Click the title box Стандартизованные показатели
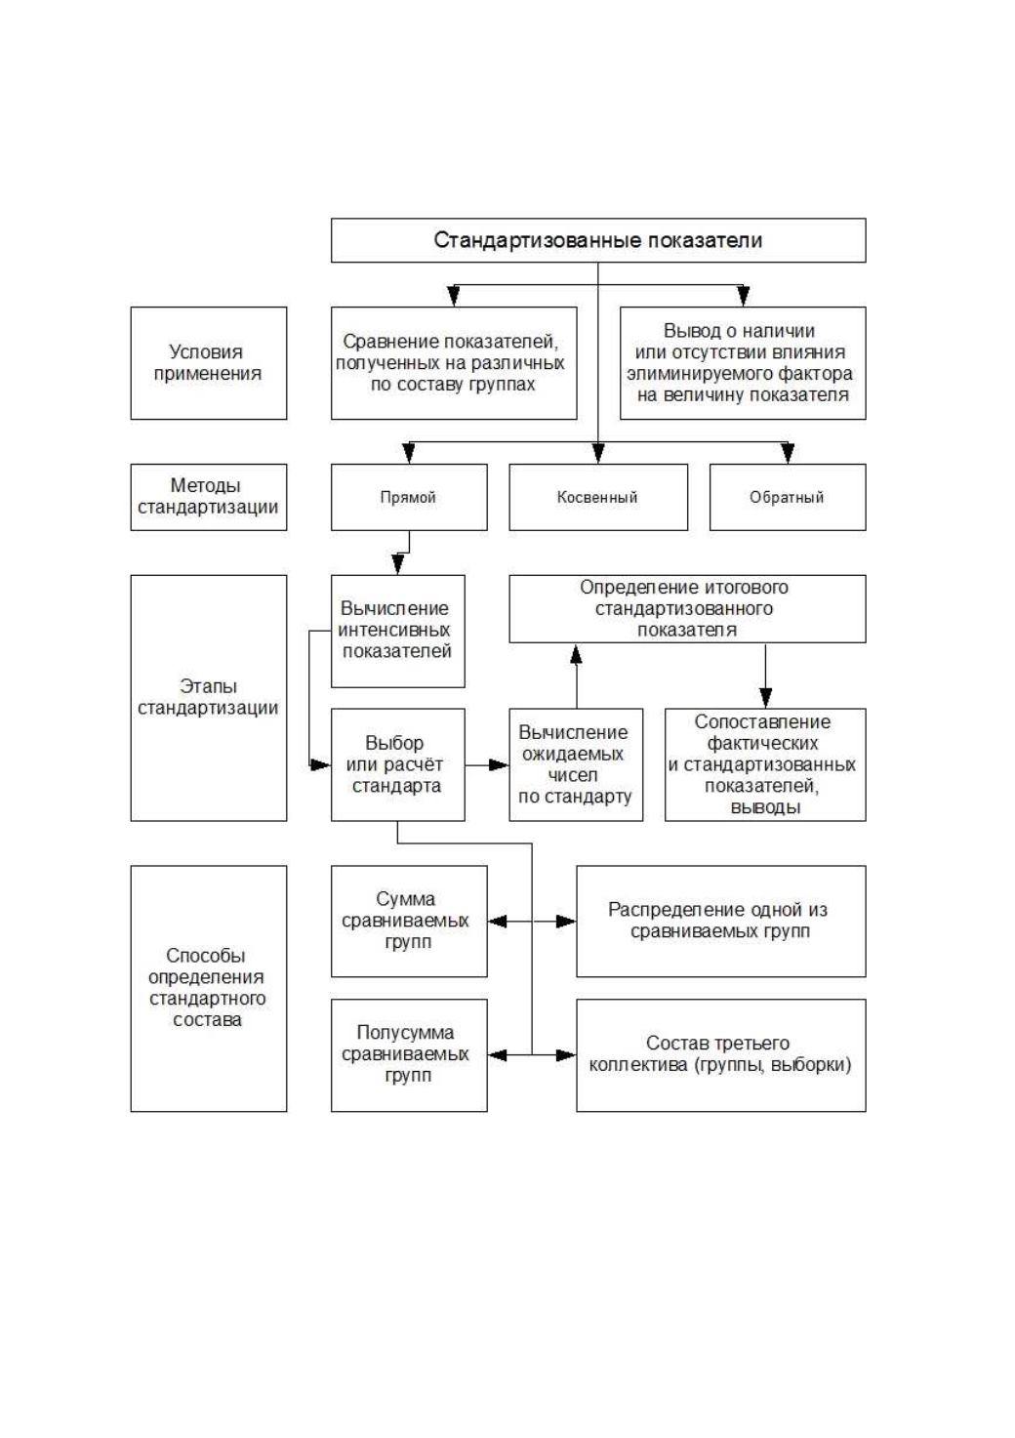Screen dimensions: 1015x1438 click(598, 240)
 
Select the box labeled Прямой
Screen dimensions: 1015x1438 click(409, 497)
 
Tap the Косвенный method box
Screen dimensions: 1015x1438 click(598, 497)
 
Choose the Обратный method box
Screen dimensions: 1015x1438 click(788, 497)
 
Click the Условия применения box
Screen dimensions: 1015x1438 click(209, 363)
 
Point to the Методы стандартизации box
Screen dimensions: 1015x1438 click(209, 497)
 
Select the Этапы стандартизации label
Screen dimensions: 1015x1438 click(209, 698)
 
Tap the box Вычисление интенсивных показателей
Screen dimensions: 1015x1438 click(398, 631)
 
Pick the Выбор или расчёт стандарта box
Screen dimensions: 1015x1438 click(398, 764)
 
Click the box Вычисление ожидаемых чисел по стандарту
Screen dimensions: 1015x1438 click(576, 764)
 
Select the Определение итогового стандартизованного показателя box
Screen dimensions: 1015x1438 click(687, 608)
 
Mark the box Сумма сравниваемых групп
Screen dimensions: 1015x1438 click(409, 922)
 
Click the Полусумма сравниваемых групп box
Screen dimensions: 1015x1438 click(409, 1055)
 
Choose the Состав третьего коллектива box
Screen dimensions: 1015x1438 click(721, 1055)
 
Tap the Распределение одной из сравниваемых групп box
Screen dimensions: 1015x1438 click(721, 922)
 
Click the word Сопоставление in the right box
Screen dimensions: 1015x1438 click(762, 722)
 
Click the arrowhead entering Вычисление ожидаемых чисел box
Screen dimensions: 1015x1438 click(499, 764)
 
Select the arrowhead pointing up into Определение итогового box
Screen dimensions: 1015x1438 click(576, 653)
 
